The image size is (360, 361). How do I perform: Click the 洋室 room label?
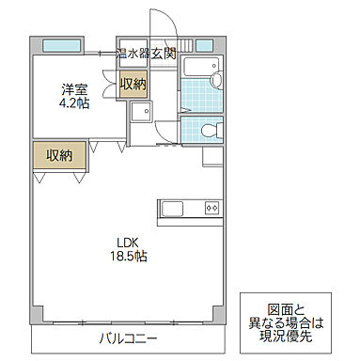coord(75,89)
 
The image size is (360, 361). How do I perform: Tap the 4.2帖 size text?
coord(75,103)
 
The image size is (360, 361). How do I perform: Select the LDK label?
coord(130,240)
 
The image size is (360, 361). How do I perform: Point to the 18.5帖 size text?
coord(130,255)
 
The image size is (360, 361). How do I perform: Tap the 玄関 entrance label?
coord(164,54)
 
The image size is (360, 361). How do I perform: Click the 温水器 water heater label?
coord(132,54)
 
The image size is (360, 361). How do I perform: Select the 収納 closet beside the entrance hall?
coord(133,85)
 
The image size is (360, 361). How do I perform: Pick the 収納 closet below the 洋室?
coord(59,155)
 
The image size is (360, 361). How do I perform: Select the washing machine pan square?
coord(142,114)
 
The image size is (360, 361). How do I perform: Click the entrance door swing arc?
coord(160,24)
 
